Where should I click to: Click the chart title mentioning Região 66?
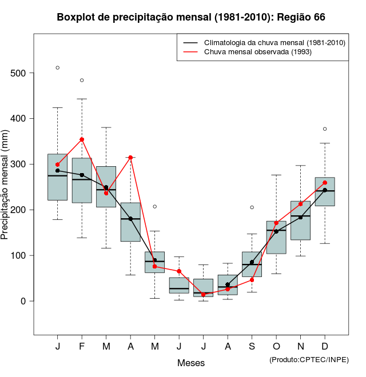pyautogui.click(x=191, y=17)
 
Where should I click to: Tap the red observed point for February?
pyautogui.click(x=82, y=139)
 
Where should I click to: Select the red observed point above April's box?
pyautogui.click(x=130, y=157)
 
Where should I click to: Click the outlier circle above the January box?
pyautogui.click(x=57, y=68)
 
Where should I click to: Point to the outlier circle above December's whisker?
pyautogui.click(x=325, y=129)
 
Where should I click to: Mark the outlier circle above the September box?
pyautogui.click(x=252, y=207)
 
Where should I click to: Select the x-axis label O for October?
pyautogui.click(x=276, y=347)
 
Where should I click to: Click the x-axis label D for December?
pyautogui.click(x=325, y=347)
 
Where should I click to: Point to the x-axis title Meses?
pyautogui.click(x=191, y=363)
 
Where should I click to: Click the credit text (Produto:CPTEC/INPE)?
pyautogui.click(x=309, y=359)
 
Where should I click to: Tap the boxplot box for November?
pyautogui.click(x=300, y=220)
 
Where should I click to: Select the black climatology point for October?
pyautogui.click(x=276, y=231)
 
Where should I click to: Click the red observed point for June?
pyautogui.click(x=179, y=271)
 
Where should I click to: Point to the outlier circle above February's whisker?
pyautogui.click(x=82, y=81)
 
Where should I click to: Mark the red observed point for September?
pyautogui.click(x=252, y=280)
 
